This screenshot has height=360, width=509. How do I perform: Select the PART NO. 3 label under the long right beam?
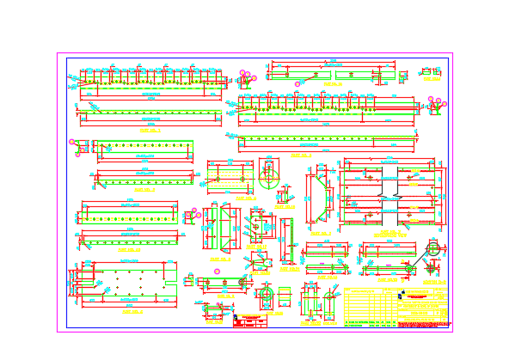click(x=300, y=156)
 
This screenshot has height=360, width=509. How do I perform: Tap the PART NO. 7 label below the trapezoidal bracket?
click(x=321, y=233)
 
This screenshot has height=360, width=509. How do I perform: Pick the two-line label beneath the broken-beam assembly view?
click(x=391, y=233)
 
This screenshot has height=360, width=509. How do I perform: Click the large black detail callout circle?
click(x=432, y=249)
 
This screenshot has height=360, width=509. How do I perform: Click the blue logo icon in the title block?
click(x=402, y=294)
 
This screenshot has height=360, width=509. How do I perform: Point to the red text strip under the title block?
click(x=423, y=325)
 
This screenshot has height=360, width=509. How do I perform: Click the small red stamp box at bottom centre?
click(x=250, y=320)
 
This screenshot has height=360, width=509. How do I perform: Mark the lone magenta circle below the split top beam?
click(x=297, y=84)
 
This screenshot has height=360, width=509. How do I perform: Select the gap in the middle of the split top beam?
click(x=333, y=76)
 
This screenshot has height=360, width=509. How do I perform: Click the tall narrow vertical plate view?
click(x=285, y=241)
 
